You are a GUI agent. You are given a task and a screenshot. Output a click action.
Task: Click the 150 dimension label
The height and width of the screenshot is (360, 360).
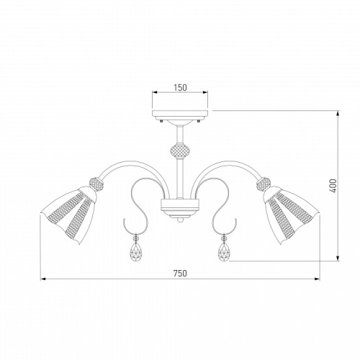pos(180,88)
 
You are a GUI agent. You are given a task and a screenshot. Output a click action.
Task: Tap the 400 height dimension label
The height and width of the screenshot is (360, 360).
pos(333,186)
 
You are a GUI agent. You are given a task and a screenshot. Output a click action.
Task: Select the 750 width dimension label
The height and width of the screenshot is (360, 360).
pos(180,273)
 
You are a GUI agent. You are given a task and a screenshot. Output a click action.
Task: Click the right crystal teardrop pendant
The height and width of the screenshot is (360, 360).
pos(225,252)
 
